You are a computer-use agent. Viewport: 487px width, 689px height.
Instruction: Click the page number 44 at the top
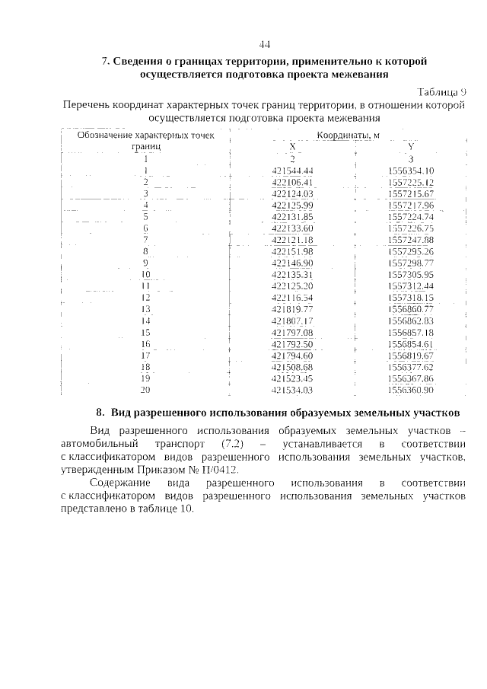pos(265,43)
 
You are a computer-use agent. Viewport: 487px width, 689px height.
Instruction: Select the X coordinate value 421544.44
pos(292,171)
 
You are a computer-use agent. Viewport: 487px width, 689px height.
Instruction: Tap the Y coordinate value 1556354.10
pos(410,171)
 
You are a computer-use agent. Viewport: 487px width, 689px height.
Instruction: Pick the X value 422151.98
pos(292,251)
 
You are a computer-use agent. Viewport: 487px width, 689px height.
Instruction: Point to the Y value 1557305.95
pos(410,274)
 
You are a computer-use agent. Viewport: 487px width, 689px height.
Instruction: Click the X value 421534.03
pos(292,391)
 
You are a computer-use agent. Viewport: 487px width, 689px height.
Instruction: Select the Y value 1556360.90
pos(410,391)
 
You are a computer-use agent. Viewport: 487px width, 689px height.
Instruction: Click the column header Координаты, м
pos(348,135)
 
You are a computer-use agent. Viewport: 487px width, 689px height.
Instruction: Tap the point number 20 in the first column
pos(145,391)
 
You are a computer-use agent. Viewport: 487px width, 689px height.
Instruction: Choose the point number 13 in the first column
pos(145,309)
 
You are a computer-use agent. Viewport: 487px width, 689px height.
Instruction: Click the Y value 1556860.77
pos(410,309)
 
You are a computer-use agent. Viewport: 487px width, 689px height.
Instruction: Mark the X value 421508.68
pos(292,367)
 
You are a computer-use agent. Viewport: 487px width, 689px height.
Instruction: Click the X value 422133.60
pos(292,228)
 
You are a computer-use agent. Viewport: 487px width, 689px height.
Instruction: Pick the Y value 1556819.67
pos(410,356)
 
